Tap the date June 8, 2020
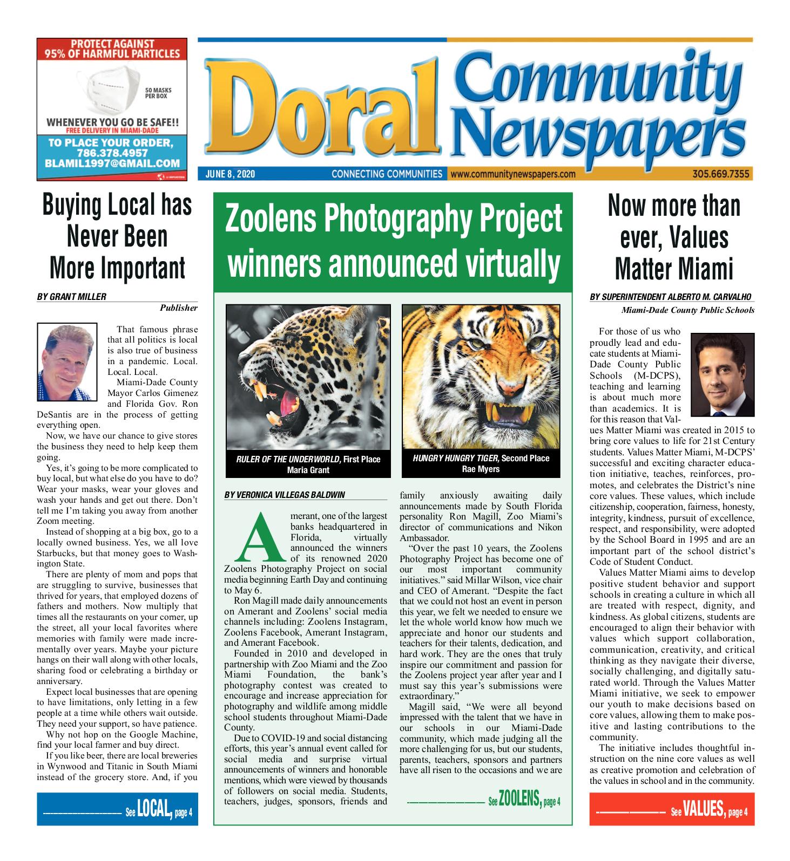pyautogui.click(x=230, y=174)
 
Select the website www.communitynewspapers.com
pyautogui.click(x=512, y=174)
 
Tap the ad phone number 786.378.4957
pyautogui.click(x=112, y=153)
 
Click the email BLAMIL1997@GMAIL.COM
pyautogui.click(x=112, y=163)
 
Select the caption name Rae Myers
pyautogui.click(x=481, y=469)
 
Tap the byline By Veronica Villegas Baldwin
pyautogui.click(x=284, y=495)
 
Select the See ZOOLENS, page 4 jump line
pyautogui.click(x=485, y=801)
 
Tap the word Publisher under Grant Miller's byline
pyautogui.click(x=178, y=308)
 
